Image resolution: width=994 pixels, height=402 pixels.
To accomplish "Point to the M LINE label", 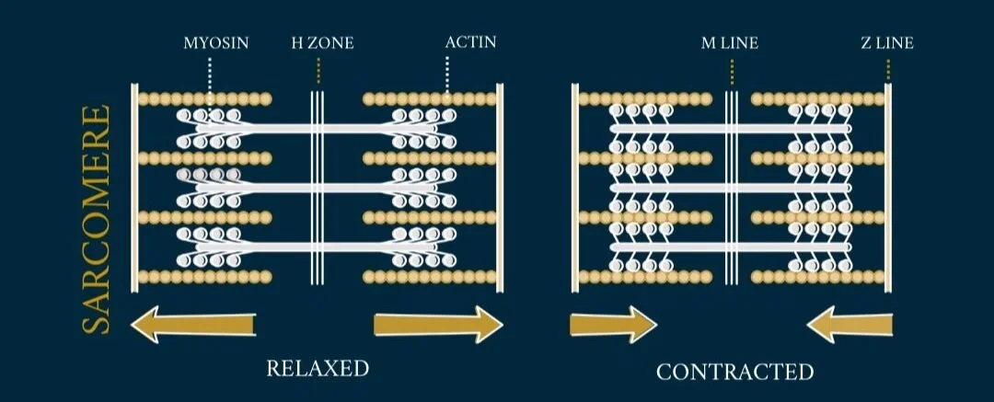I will pos(731,42).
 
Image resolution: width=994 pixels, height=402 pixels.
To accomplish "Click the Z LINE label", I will pos(887,42).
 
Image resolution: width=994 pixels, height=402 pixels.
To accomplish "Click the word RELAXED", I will pos(318,369).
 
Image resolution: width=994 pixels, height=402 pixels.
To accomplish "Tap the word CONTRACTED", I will pos(734,372).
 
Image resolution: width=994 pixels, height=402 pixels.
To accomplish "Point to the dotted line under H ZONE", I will pos(318,70).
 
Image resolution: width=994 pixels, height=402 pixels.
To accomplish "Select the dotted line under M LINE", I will pos(732,70).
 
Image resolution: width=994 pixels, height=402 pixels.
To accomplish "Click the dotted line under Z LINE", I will pos(888,70).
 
